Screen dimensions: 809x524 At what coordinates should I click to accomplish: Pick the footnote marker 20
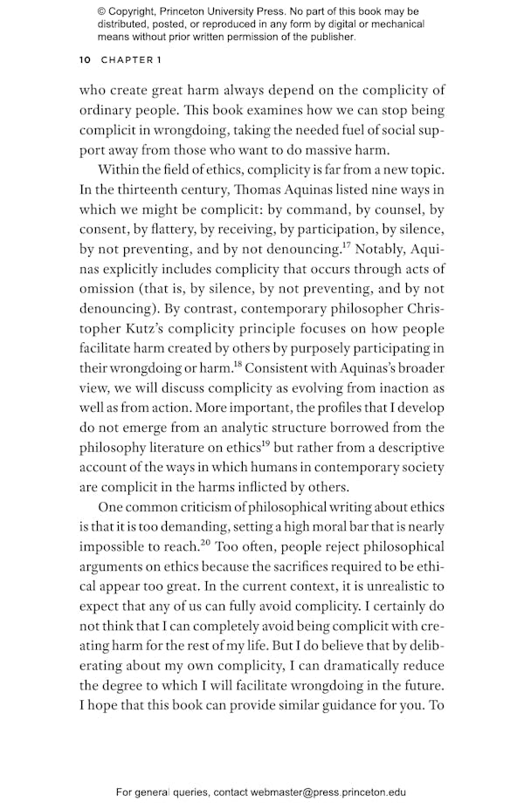[x=205, y=541]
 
